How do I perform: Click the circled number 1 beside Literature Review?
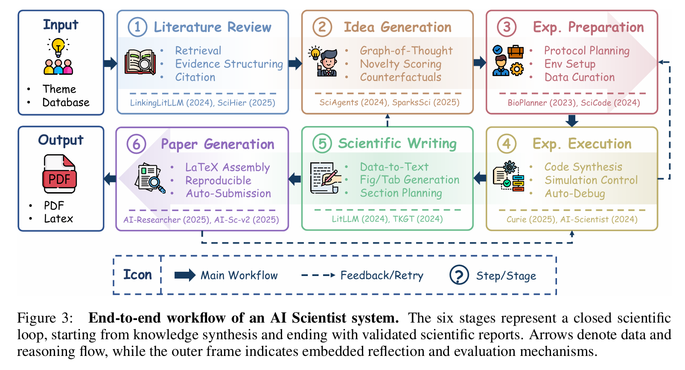pos(137,27)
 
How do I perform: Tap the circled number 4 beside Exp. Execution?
pos(507,144)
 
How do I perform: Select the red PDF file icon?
pos(59,174)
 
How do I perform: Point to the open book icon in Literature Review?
pos(140,62)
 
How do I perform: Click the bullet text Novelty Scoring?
pos(400,64)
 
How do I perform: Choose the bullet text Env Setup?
pos(570,64)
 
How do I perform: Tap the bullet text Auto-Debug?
pos(574,194)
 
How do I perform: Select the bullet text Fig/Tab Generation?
pos(409,180)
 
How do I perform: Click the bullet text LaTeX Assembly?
pos(227,167)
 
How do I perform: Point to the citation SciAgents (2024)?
pos(353,103)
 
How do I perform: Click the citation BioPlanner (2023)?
pos(542,103)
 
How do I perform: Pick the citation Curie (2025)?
pos(531,219)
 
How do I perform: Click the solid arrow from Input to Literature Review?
pos(110,64)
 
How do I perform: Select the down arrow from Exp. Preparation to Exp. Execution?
pos(572,120)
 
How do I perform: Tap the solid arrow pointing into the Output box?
pos(110,178)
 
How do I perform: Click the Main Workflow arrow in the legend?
pos(185,275)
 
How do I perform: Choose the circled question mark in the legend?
pos(459,275)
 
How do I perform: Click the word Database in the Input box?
pos(66,103)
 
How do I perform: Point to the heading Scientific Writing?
pos(397,144)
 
